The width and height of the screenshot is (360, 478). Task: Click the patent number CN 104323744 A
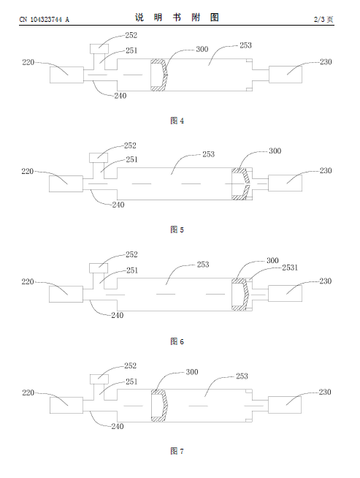pos(44,20)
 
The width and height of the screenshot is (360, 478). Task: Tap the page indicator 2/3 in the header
pos(320,20)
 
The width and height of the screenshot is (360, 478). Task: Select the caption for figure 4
pos(177,121)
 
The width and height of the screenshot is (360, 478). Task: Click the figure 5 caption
pos(177,229)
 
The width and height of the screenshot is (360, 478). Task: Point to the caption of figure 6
pos(177,341)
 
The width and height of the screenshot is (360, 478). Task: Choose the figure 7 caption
pos(177,451)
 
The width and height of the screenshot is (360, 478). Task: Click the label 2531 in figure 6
pos(290,268)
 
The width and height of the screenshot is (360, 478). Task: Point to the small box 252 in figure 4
pos(99,48)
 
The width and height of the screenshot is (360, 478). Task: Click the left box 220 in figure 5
pos(66,184)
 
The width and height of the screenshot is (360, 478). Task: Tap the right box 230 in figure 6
pos(285,294)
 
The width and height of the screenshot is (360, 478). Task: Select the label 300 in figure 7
pos(192,372)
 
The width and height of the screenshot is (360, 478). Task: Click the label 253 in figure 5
pos(209,154)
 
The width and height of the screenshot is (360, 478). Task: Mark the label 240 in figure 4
pos(120,96)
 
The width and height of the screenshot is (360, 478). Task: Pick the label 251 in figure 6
pos(132,270)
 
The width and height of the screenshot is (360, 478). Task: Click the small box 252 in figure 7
pos(99,379)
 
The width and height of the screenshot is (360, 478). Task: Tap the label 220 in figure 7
pos(28,392)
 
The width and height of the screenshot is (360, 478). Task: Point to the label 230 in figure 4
pos(326,62)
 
